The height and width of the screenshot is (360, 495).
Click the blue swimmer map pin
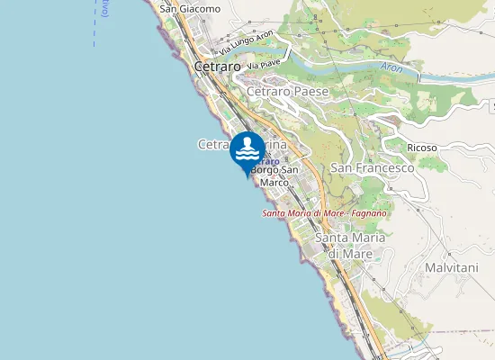(x=247, y=150)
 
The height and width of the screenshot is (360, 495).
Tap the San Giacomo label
(x=190, y=9)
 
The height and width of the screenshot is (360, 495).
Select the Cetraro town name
(x=217, y=67)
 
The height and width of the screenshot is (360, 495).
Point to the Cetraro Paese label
(x=287, y=92)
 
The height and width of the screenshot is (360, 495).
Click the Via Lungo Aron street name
(x=238, y=41)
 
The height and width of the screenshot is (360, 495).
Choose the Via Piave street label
(x=265, y=65)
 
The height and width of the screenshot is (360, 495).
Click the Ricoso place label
(x=422, y=148)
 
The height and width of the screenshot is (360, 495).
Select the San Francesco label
(x=372, y=168)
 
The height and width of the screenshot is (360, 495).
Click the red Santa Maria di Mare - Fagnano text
(x=324, y=213)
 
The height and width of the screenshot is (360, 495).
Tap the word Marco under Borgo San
(x=274, y=182)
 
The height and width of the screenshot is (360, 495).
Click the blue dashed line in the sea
(x=94, y=22)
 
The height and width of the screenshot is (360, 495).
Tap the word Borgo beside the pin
(x=266, y=170)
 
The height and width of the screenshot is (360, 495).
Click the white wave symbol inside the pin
(x=247, y=151)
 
